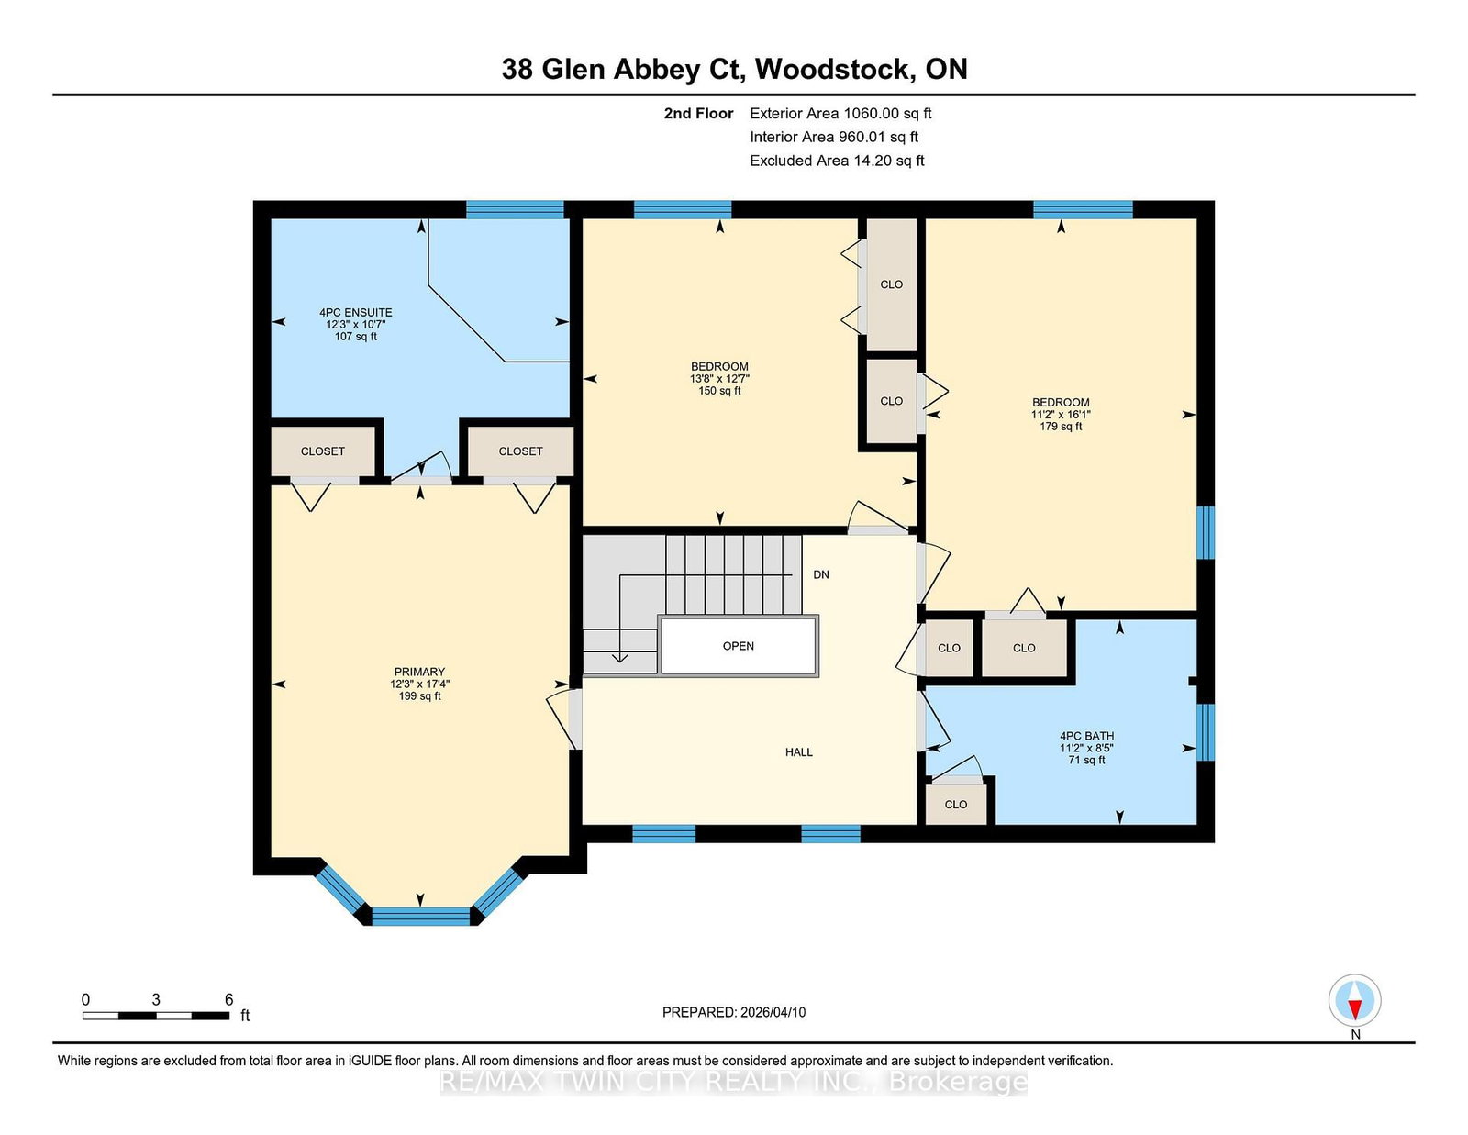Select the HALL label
click(798, 751)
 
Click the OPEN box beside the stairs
click(739, 646)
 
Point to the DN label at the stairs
click(821, 574)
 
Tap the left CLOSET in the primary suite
click(323, 451)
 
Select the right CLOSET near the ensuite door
click(520, 451)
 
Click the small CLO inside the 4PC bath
click(956, 804)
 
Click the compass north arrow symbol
click(1355, 1000)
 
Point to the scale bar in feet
click(156, 1015)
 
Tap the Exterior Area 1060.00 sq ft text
click(840, 114)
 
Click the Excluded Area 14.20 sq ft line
click(837, 161)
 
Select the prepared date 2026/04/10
click(734, 1012)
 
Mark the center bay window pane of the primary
click(420, 915)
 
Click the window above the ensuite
click(515, 209)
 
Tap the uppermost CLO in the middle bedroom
click(891, 284)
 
